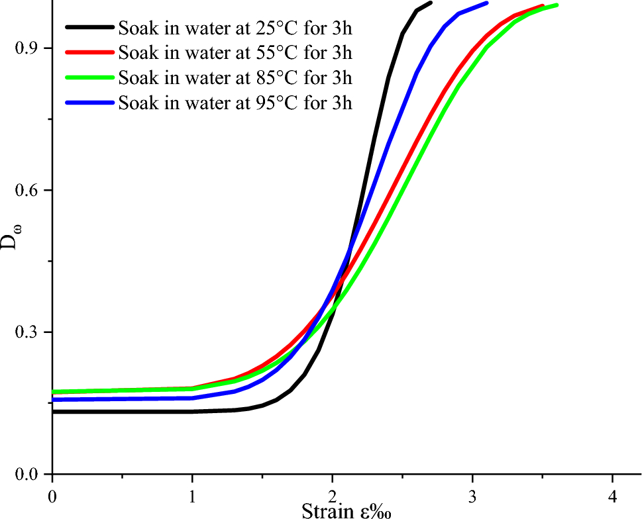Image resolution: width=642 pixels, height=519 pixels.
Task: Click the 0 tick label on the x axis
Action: pos(52,495)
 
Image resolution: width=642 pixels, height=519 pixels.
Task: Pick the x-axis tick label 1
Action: pos(192,495)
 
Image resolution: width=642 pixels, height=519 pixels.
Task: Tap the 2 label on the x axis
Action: pos(333,495)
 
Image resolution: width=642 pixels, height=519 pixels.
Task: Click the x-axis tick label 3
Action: pos(472,495)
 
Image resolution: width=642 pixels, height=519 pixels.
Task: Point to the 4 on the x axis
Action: pos(612,495)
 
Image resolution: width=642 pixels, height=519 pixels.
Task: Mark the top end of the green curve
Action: pos(556,5)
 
